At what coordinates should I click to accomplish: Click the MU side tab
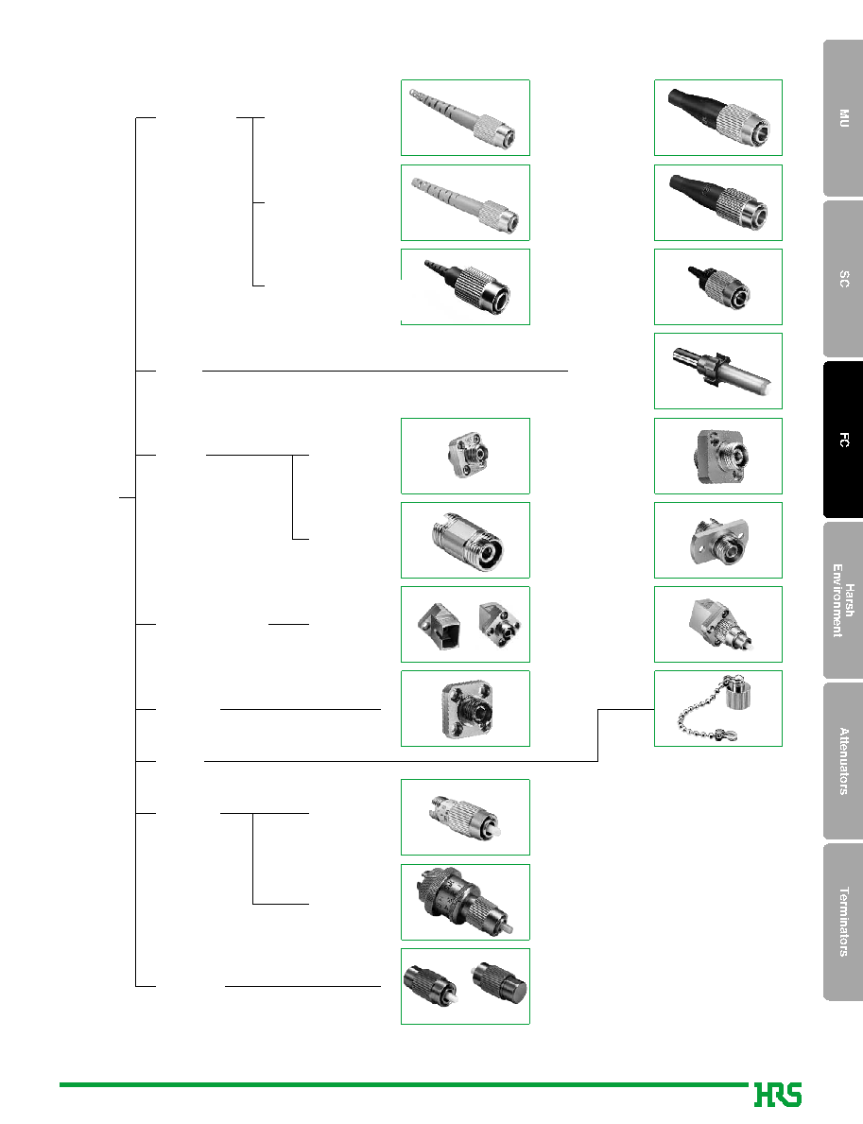tap(844, 118)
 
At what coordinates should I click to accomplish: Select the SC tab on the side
tap(844, 279)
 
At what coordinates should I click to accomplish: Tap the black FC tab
tap(844, 440)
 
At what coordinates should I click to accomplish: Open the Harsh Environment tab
tap(844, 600)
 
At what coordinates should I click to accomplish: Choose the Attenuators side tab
tap(844, 761)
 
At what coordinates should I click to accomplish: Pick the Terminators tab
tap(844, 922)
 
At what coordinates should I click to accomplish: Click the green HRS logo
tap(778, 1095)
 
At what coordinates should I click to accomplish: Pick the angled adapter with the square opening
tap(438, 626)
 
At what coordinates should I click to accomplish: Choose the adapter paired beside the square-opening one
tap(499, 624)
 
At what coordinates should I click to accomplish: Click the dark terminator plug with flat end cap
tap(499, 982)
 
